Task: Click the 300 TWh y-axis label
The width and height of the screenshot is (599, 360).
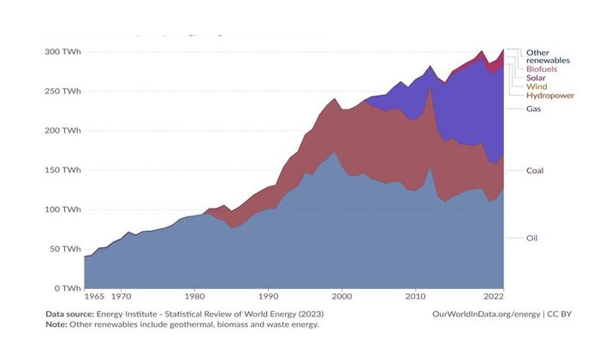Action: [62, 52]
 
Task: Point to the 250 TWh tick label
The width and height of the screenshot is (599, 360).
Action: [62, 91]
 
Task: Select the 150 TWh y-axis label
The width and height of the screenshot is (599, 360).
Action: [62, 170]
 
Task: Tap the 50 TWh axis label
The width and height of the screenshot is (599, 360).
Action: [65, 249]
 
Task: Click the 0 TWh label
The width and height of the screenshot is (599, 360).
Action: [68, 288]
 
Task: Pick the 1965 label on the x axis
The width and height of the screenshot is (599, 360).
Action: [95, 296]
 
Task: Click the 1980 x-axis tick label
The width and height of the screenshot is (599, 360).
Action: [195, 296]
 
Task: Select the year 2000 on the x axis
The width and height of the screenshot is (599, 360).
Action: [342, 296]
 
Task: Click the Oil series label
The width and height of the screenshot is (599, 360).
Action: [532, 238]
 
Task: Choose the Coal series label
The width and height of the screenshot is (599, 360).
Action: [536, 170]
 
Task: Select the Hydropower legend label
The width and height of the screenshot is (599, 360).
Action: [550, 96]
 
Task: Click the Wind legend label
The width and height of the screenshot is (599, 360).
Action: [537, 86]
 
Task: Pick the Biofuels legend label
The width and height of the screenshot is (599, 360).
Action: [543, 68]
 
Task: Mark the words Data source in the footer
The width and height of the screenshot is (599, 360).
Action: [72, 314]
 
